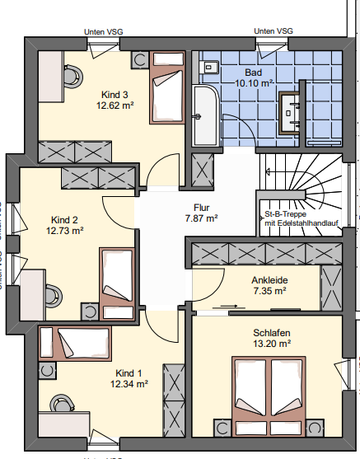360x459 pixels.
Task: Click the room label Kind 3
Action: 115,92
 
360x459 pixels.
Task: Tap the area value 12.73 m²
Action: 64,232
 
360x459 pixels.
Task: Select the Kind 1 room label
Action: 129,372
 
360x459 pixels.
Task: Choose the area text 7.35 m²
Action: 269,291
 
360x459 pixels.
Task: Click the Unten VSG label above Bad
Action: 274,31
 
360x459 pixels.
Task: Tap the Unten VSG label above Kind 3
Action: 104,31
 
